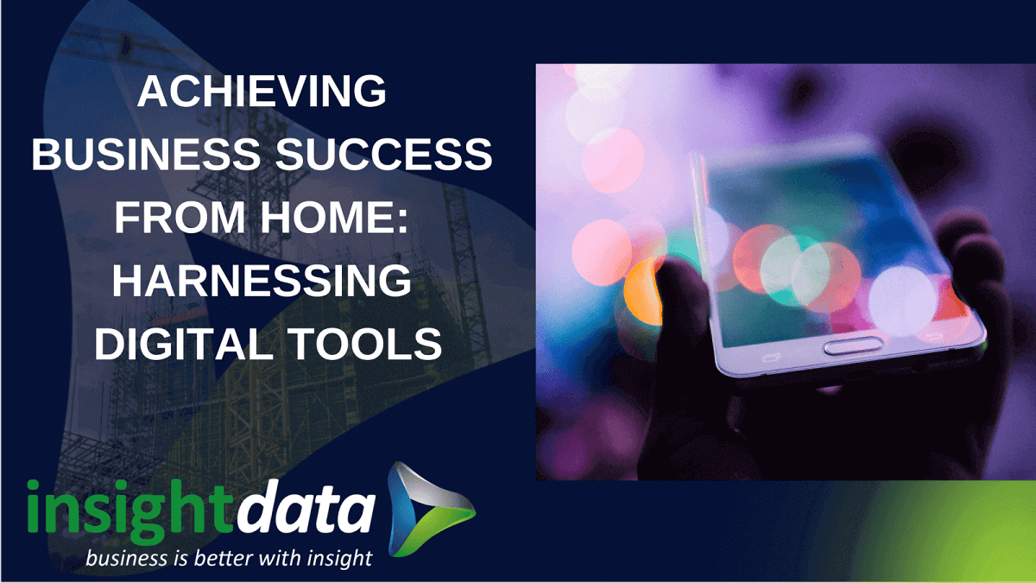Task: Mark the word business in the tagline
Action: pyautogui.click(x=128, y=557)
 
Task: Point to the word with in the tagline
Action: pyautogui.click(x=290, y=557)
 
